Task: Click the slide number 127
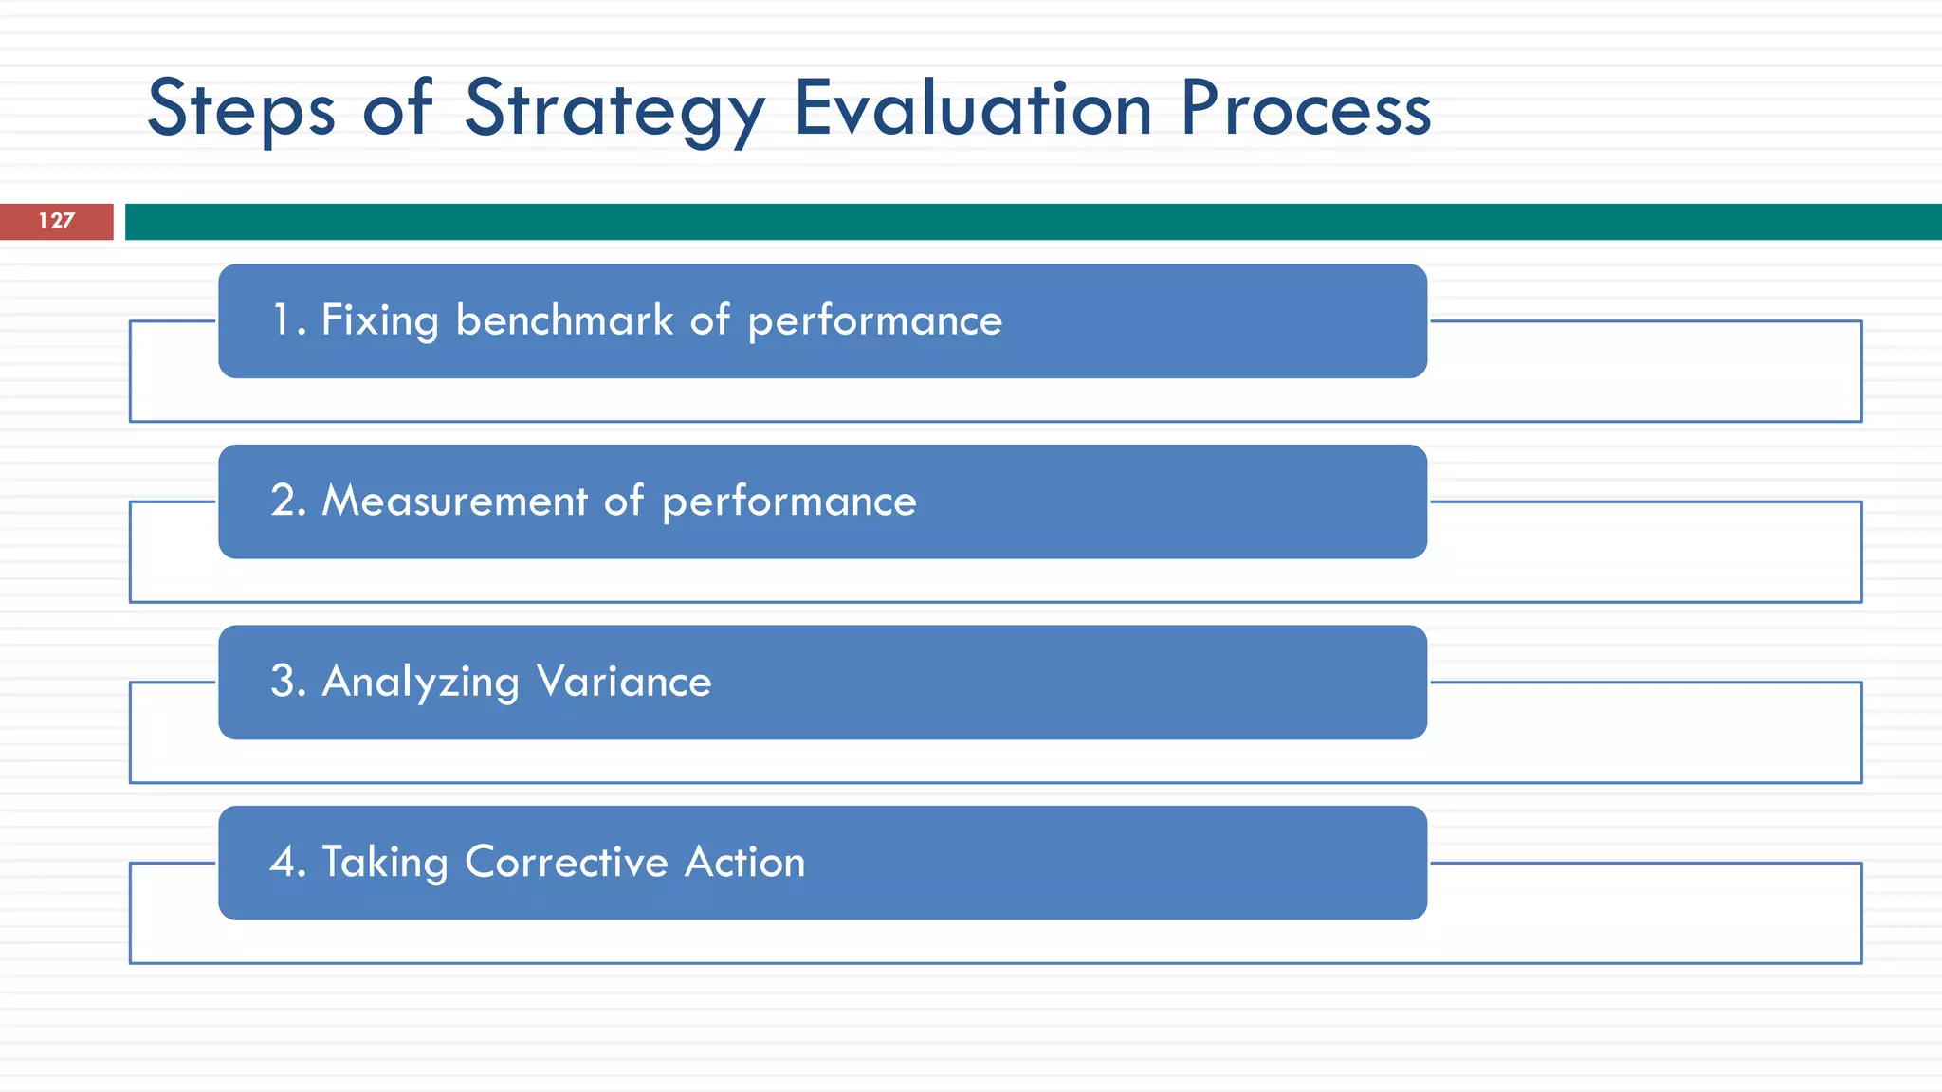point(56,221)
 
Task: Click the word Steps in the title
point(242,109)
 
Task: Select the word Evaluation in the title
point(973,109)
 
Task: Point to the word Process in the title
point(1306,109)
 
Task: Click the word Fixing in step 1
point(380,320)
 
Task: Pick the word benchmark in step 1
point(564,320)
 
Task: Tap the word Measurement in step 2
point(455,500)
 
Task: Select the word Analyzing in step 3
point(421,682)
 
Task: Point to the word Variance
point(624,682)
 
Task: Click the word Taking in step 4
point(385,863)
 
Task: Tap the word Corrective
point(567,862)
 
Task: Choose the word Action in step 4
point(744,862)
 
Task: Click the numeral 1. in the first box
point(288,320)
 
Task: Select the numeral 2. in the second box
point(288,500)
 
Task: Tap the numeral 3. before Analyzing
point(288,682)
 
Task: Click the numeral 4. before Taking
point(288,862)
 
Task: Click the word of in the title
point(398,109)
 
